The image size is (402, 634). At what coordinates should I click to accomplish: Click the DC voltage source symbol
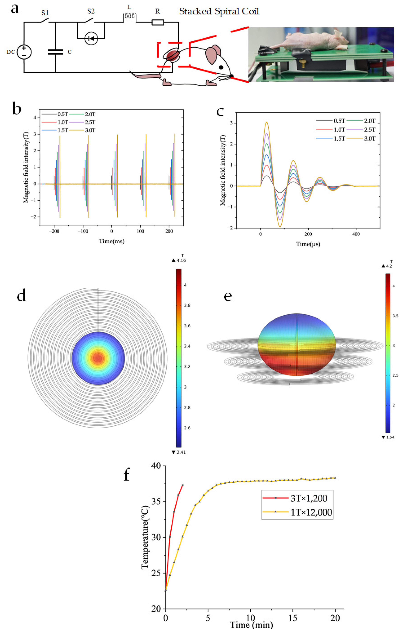(24, 52)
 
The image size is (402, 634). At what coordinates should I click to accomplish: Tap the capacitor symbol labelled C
(55, 52)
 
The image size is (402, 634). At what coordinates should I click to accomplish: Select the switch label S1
(45, 13)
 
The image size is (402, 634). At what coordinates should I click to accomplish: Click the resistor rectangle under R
(158, 22)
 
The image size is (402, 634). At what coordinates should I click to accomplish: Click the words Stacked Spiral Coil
(219, 11)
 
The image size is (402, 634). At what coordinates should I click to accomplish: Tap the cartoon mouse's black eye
(221, 67)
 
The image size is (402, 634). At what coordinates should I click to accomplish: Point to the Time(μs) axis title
(308, 244)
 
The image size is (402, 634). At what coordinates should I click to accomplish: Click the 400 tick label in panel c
(356, 234)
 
